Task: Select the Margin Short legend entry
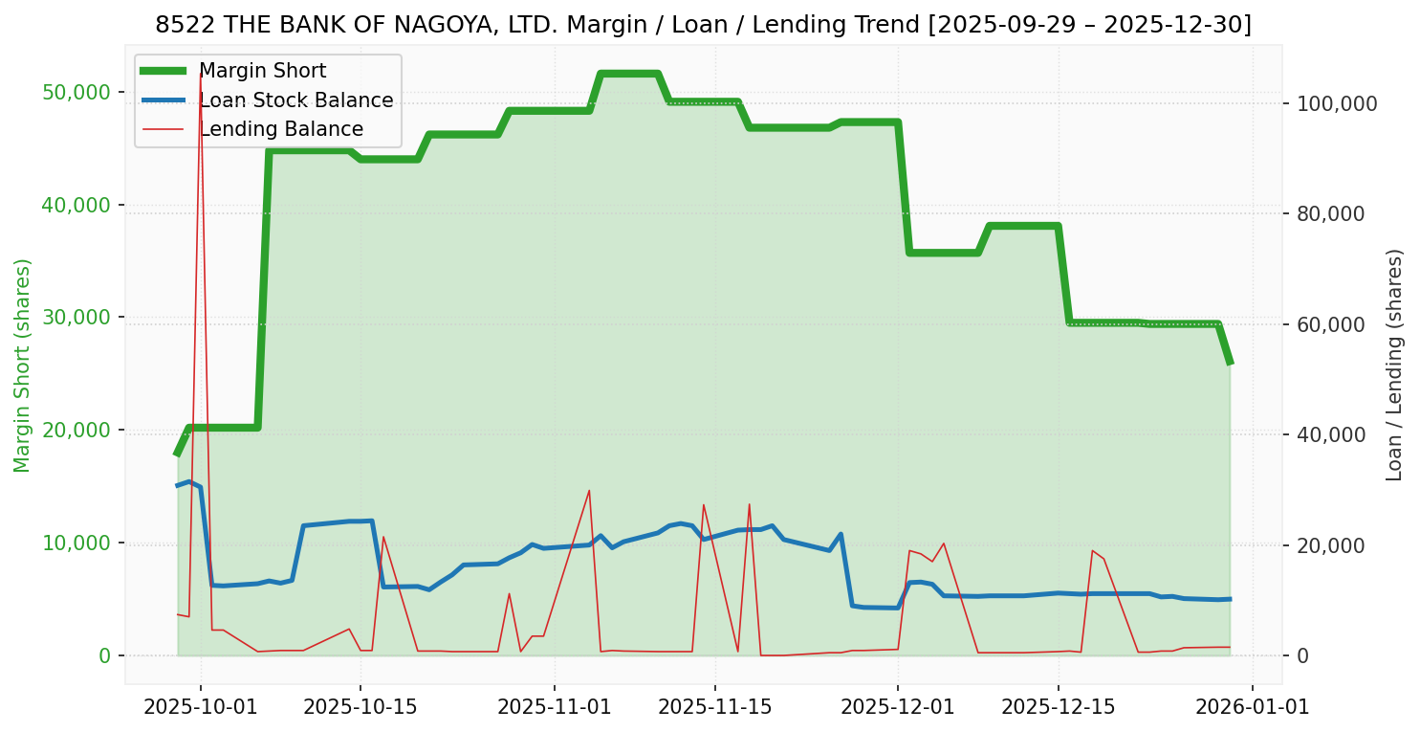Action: click(262, 71)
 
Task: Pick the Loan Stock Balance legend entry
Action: click(295, 100)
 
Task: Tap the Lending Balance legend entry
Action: click(280, 129)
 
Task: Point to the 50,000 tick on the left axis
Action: click(76, 92)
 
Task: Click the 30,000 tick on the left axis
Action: click(76, 317)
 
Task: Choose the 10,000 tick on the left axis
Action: click(76, 543)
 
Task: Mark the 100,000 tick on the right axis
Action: click(1337, 103)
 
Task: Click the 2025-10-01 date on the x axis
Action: click(200, 707)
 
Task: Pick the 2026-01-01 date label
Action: click(1253, 707)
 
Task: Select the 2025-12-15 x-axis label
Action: click(1058, 707)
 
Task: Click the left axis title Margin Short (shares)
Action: click(23, 366)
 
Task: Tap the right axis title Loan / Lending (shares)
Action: click(1394, 365)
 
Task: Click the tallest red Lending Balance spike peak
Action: click(200, 74)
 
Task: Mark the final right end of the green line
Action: click(1230, 364)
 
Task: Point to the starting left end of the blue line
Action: click(178, 485)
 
